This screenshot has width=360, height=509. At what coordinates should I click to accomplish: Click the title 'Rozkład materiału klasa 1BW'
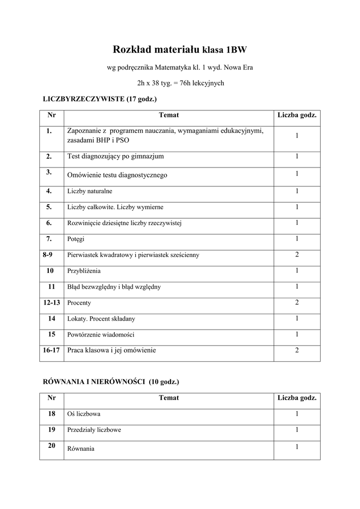pyautogui.click(x=180, y=50)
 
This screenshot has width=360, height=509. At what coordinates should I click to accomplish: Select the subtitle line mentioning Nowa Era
pyautogui.click(x=180, y=67)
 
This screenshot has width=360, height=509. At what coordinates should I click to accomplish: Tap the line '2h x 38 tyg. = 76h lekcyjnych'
pyautogui.click(x=180, y=83)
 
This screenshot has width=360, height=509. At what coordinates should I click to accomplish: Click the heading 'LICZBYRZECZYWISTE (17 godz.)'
pyautogui.click(x=100, y=99)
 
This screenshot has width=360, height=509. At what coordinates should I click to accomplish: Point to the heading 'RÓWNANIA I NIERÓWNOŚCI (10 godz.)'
pyautogui.click(x=111, y=382)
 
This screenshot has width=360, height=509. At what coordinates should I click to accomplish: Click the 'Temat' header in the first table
pyautogui.click(x=169, y=115)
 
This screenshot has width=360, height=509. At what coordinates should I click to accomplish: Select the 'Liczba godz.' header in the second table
pyautogui.click(x=297, y=398)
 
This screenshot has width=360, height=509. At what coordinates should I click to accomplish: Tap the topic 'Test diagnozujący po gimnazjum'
pyautogui.click(x=115, y=157)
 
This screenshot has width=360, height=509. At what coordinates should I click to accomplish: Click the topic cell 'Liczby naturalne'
pyautogui.click(x=90, y=191)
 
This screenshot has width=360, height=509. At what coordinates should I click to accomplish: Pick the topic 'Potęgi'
pyautogui.click(x=76, y=239)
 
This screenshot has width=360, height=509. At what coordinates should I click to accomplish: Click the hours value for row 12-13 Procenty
pyautogui.click(x=297, y=302)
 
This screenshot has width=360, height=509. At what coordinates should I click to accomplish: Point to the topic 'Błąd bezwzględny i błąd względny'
pyautogui.click(x=114, y=287)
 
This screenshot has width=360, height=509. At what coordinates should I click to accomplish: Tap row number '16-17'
pyautogui.click(x=51, y=350)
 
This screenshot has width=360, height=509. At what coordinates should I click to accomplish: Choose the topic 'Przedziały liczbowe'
pyautogui.click(x=94, y=429)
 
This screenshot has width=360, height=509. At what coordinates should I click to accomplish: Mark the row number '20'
pyautogui.click(x=51, y=446)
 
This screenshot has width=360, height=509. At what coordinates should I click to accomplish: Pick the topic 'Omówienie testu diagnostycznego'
pyautogui.click(x=117, y=175)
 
